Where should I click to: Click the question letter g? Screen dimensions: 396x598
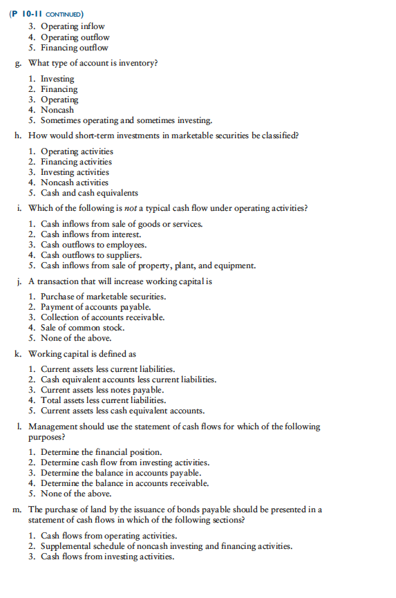coord(17,64)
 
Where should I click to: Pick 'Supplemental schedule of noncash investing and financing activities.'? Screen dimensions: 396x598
coord(166,546)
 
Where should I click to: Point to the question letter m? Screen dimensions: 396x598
coord(17,510)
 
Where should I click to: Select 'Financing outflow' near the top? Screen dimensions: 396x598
coord(74,48)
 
